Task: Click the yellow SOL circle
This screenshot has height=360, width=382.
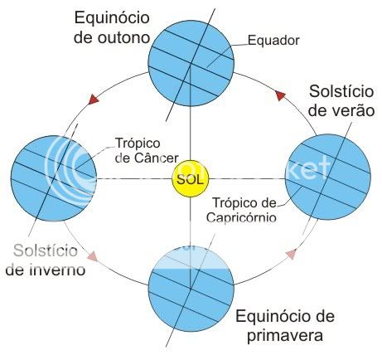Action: pos(191,178)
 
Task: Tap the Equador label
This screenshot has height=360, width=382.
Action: pos(273,41)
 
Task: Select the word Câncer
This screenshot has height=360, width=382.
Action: pos(157,158)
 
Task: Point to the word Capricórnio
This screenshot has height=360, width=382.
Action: pos(241,217)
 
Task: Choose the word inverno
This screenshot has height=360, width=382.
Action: pos(57,270)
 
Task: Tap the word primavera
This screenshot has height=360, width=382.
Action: pos(285,336)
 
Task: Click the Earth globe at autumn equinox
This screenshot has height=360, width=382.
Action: pos(191,63)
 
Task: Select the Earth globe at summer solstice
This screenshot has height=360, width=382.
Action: pos(328,178)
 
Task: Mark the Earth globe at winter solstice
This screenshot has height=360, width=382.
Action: pos(54,178)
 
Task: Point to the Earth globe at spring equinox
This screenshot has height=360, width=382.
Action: pos(191,289)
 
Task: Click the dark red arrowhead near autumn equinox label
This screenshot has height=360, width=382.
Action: pos(94,99)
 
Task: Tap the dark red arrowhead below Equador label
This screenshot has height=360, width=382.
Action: pos(280,95)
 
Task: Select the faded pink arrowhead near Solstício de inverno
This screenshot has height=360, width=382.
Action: pos(92,255)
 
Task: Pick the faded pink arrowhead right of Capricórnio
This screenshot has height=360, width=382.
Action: pos(291,254)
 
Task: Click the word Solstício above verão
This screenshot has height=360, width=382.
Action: pos(341,91)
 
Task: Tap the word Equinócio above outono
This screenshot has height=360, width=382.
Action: pos(112,18)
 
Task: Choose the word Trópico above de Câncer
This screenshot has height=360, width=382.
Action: pos(138,143)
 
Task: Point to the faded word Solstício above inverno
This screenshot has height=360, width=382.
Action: pos(46,251)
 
